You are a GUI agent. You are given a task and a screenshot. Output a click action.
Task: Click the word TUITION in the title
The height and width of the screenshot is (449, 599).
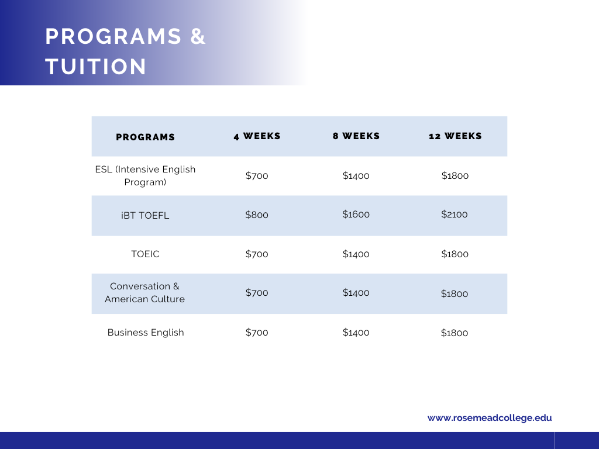[96, 67]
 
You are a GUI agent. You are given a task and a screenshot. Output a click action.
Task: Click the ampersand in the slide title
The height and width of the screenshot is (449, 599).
[198, 36]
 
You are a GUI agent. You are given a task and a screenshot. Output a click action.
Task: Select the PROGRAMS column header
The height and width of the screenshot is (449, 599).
[145, 137]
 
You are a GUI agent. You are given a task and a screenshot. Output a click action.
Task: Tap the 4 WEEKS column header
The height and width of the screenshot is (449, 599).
[257, 136]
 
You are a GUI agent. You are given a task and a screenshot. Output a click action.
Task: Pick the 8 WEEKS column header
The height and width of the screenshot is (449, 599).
[356, 136]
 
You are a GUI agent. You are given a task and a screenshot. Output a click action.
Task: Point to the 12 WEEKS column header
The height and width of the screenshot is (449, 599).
[455, 136]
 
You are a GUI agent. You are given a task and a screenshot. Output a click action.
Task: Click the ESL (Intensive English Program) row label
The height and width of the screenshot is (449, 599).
[145, 175]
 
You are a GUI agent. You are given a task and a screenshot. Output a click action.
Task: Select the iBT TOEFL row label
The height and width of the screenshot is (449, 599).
[145, 215]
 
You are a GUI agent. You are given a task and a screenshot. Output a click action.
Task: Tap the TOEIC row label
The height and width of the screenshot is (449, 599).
[145, 254]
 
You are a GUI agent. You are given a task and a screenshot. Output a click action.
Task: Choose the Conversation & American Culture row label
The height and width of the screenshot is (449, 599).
[145, 292]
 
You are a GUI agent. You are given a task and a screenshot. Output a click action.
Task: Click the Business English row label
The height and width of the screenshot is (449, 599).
[146, 333]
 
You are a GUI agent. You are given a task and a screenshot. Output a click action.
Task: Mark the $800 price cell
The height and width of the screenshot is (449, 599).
[257, 215]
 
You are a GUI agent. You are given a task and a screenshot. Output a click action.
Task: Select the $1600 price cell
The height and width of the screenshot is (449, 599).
[356, 214]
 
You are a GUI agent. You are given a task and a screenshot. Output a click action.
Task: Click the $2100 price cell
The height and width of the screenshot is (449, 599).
[455, 214]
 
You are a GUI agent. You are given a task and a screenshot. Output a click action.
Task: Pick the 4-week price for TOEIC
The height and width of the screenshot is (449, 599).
[257, 254]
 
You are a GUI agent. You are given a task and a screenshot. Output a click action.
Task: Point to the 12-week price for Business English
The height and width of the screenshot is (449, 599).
[455, 333]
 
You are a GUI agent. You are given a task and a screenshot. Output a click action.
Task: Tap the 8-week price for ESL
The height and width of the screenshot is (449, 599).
[356, 175]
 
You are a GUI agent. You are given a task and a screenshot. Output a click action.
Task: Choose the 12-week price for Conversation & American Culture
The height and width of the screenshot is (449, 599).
[455, 293]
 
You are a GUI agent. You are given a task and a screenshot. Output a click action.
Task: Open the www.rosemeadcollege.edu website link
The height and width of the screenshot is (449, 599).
[490, 417]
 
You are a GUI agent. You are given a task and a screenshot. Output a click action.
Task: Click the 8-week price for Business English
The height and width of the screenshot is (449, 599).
[356, 333]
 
